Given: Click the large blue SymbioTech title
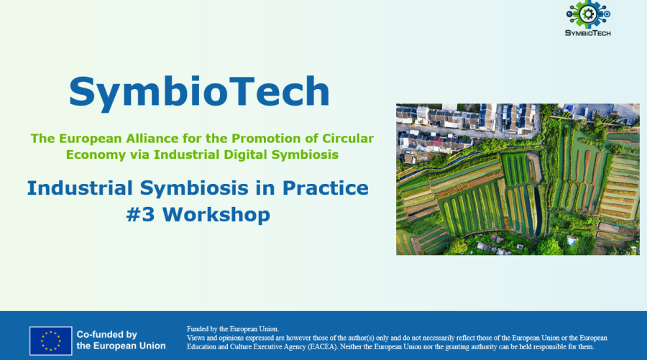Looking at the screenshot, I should tap(199, 91).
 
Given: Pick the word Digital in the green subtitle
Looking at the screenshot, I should tap(262, 154).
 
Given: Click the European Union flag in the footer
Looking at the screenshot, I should tap(50, 341).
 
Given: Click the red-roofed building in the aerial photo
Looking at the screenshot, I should tap(438, 142).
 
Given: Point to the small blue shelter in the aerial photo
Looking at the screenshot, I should tap(572, 240).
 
